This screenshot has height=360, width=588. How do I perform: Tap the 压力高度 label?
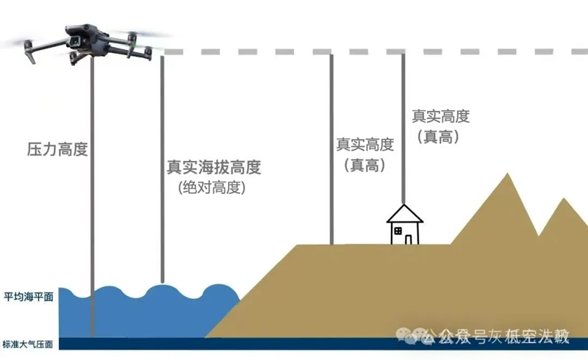click(x=57, y=150)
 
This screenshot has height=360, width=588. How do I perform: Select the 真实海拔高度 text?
click(x=214, y=167)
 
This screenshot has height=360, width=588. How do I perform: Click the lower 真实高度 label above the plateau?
click(x=365, y=145)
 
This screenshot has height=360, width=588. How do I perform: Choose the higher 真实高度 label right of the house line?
click(x=440, y=116)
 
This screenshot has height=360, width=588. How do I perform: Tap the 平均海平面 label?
click(x=27, y=298)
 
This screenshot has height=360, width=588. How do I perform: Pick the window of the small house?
click(x=398, y=231)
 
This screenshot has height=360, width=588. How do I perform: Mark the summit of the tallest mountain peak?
click(x=506, y=175)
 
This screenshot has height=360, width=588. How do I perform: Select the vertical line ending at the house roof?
click(x=403, y=132)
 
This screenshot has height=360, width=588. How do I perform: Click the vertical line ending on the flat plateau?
click(x=331, y=147)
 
